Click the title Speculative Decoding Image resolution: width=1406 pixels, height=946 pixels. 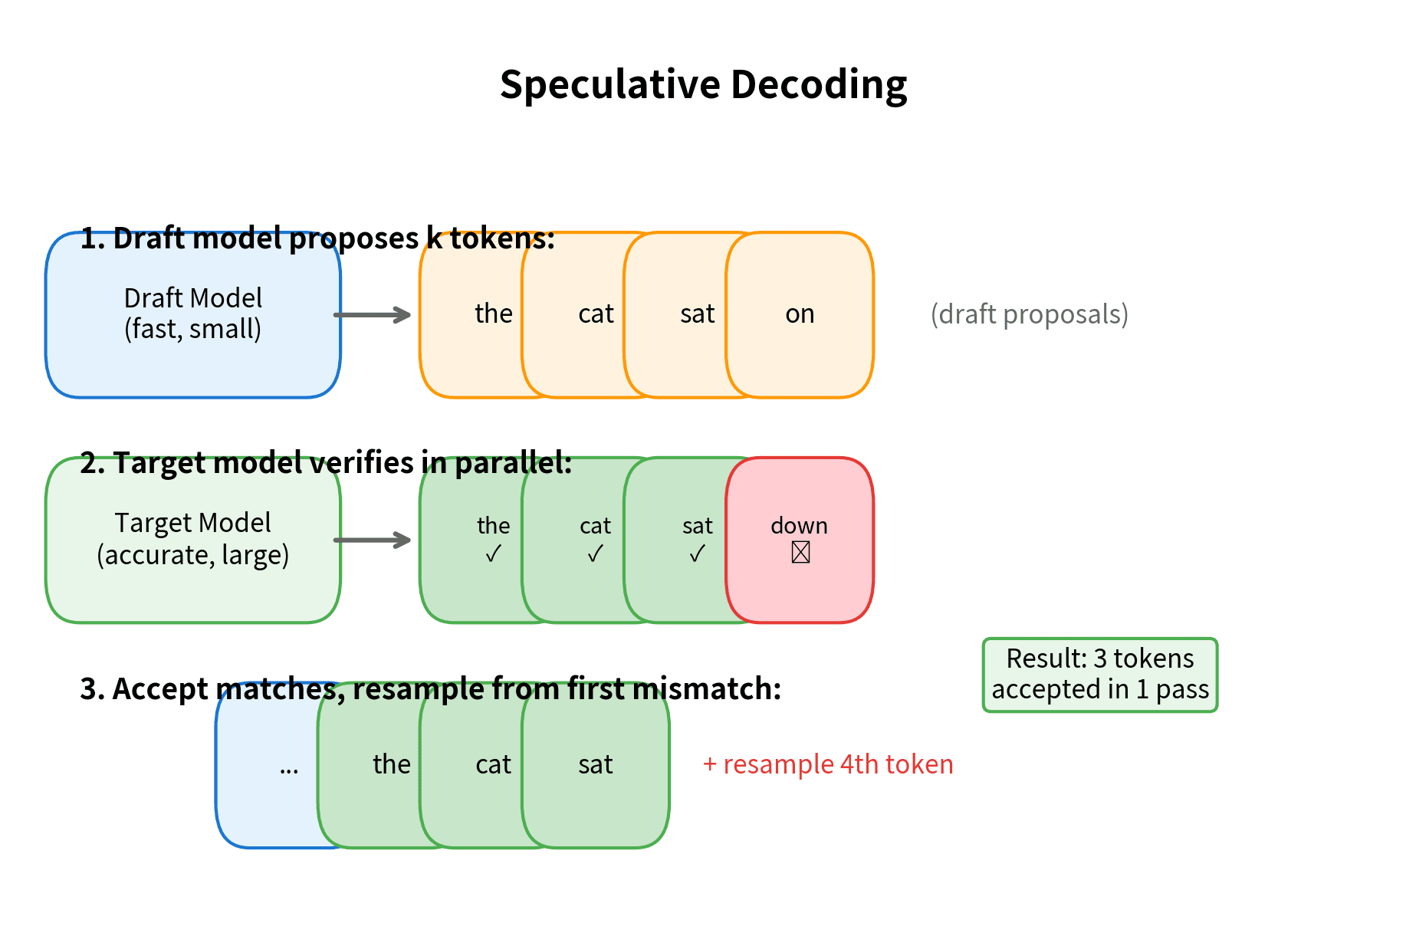pos(703,84)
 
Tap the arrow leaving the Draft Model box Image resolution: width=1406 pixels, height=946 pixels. pos(373,314)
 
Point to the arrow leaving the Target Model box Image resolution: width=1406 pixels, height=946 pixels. pos(373,540)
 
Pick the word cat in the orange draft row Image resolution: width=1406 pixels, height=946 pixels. pos(596,314)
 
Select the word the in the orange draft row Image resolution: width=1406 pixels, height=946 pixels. pos(493,314)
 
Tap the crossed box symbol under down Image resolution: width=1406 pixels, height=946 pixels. pos(800,552)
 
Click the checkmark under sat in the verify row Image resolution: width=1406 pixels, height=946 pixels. pos(697,553)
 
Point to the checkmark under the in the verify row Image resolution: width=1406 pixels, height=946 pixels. pos(493,553)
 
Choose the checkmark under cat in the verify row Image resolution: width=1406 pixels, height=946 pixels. pos(595,553)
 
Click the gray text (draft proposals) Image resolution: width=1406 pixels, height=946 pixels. pos(1029,314)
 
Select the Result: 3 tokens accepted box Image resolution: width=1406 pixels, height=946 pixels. pos(1099,675)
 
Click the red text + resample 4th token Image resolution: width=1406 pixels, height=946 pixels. pos(828,764)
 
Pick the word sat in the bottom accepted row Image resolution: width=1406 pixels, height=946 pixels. pos(595,764)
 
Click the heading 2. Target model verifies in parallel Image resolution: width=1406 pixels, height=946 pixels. pos(326,463)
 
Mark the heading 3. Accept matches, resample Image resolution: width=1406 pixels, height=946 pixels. pos(430,688)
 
